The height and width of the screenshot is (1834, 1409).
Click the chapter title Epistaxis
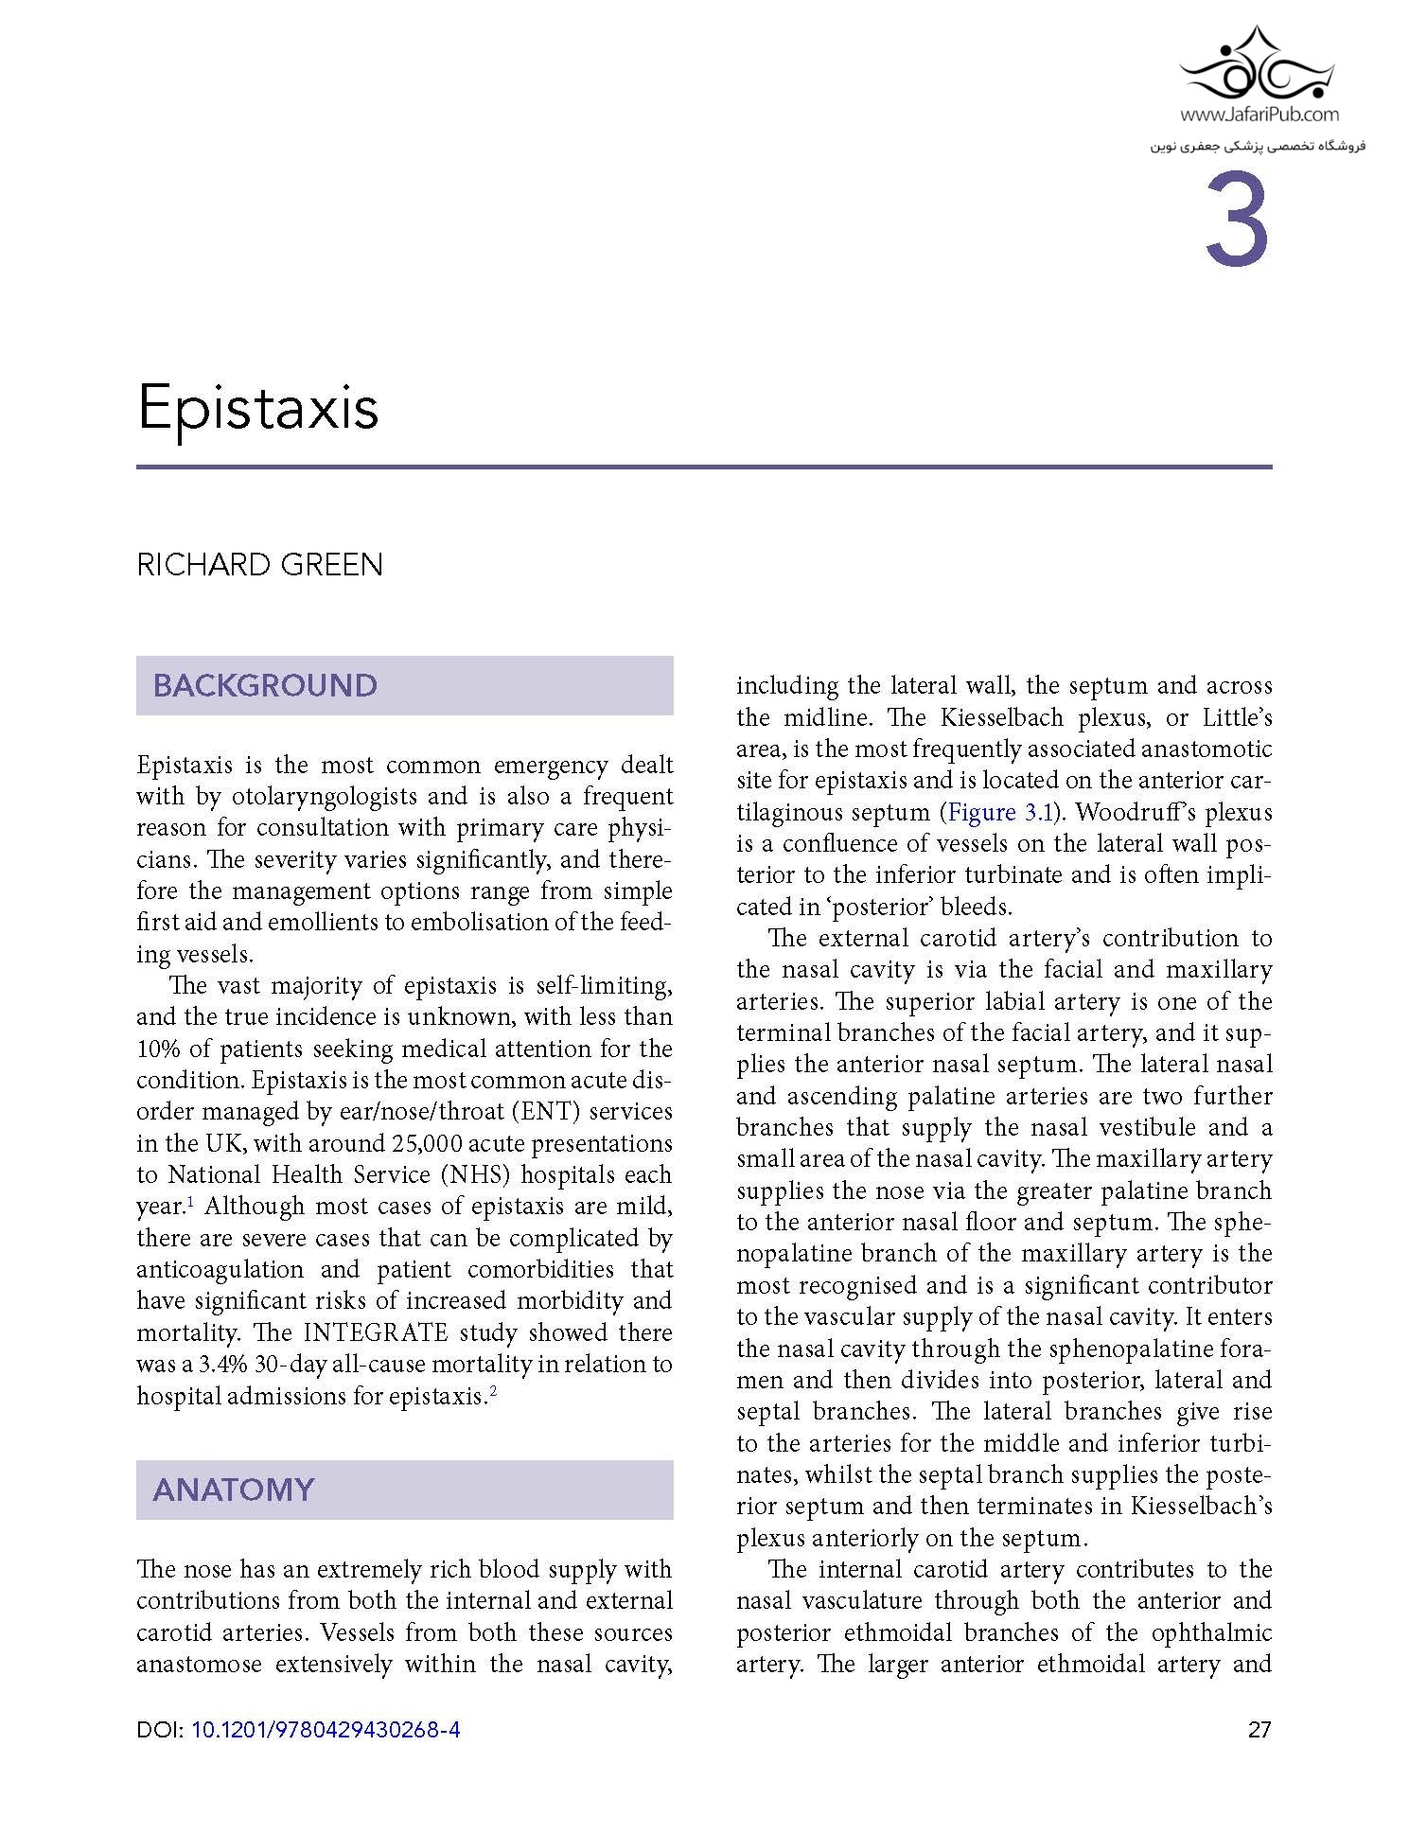(257, 408)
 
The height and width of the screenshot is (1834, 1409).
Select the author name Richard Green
(259, 565)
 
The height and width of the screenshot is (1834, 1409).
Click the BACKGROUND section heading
(265, 685)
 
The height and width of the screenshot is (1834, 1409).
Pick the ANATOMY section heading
(233, 1490)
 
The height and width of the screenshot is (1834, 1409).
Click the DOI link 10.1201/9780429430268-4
(326, 1730)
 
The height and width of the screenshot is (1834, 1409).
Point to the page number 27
(1259, 1730)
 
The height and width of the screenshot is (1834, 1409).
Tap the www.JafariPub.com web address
(1259, 115)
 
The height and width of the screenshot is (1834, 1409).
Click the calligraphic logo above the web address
(1259, 66)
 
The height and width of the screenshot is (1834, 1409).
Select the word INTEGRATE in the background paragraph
(376, 1332)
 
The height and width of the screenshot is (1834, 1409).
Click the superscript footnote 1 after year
(190, 1202)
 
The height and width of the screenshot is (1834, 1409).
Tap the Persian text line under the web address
(1258, 147)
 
